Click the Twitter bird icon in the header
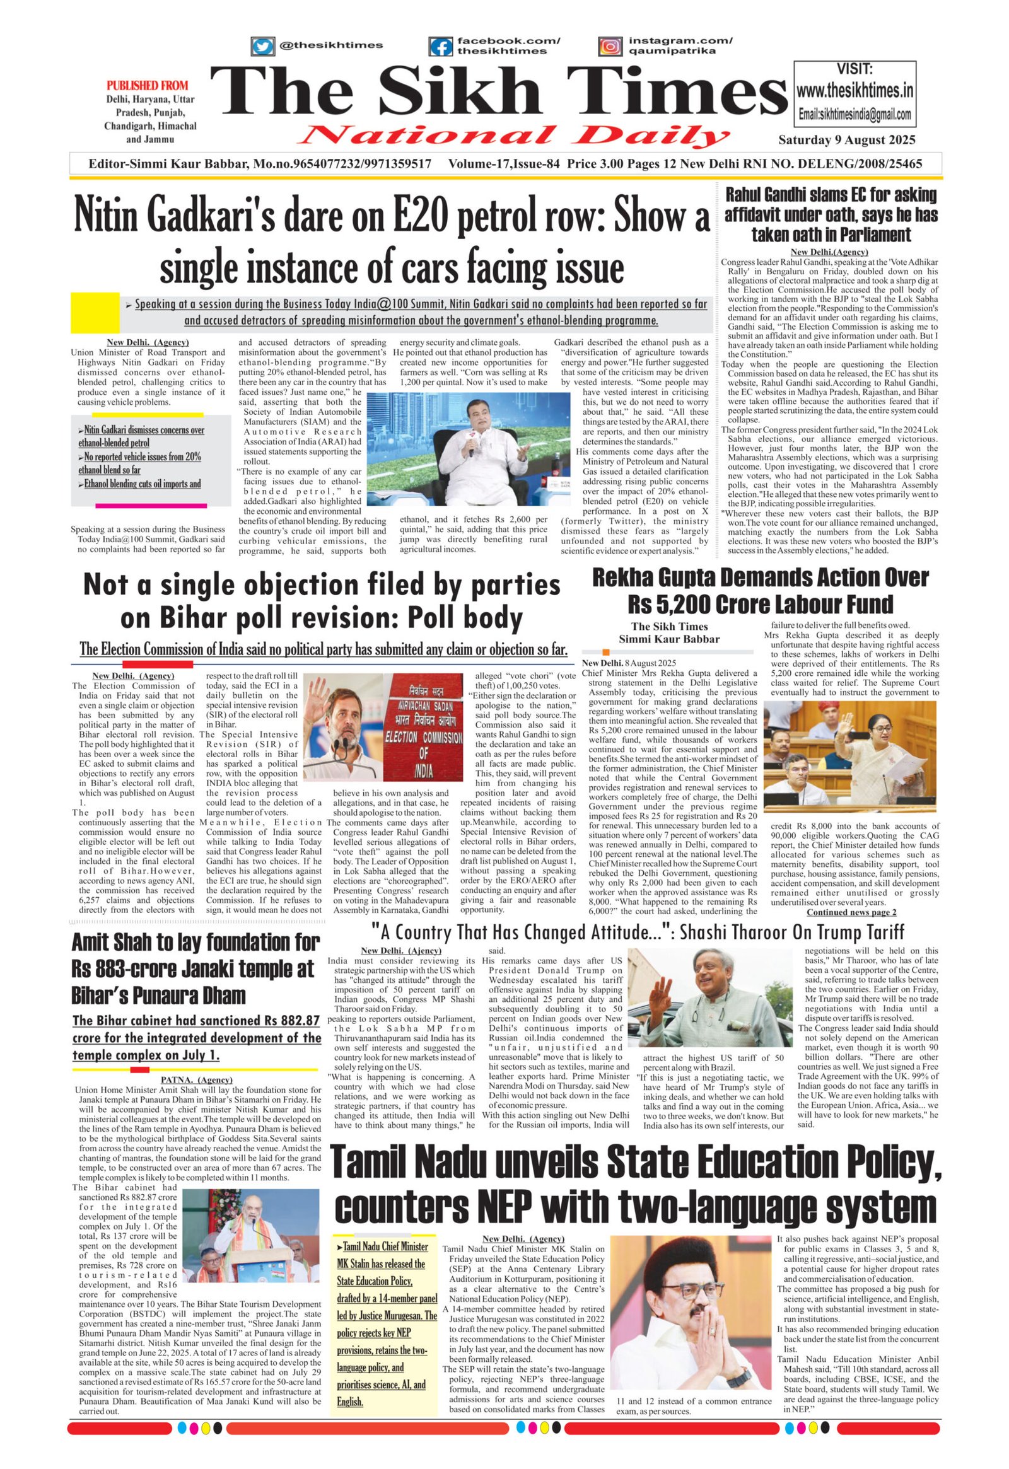point(262,45)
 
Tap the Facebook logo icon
point(441,46)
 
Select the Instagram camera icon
point(610,46)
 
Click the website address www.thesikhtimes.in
point(854,91)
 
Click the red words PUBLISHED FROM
point(148,85)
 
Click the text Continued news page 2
point(851,912)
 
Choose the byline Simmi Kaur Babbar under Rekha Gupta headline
point(669,639)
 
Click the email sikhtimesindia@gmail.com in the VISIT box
point(854,115)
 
